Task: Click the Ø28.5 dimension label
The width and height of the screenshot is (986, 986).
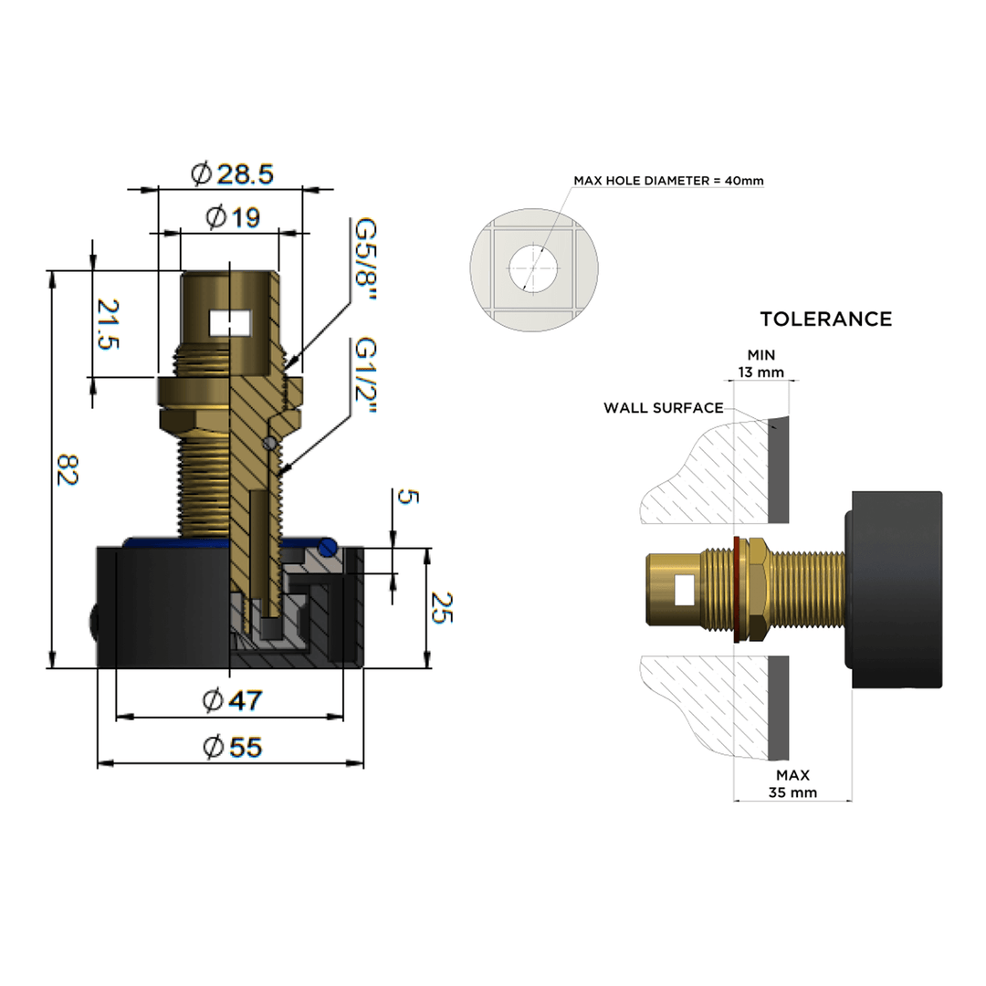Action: pyautogui.click(x=232, y=173)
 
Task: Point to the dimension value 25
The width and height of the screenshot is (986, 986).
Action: pyautogui.click(x=441, y=608)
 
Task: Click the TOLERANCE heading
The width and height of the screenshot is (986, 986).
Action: pyautogui.click(x=825, y=319)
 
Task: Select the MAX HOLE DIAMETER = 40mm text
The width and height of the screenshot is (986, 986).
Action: pyautogui.click(x=668, y=181)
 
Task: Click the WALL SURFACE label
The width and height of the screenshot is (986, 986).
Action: pyautogui.click(x=663, y=407)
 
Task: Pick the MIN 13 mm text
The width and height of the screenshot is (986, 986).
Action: pyautogui.click(x=760, y=363)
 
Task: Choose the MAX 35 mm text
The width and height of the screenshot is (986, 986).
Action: pyautogui.click(x=792, y=783)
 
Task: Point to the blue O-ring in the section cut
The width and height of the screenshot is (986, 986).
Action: pyautogui.click(x=327, y=547)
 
